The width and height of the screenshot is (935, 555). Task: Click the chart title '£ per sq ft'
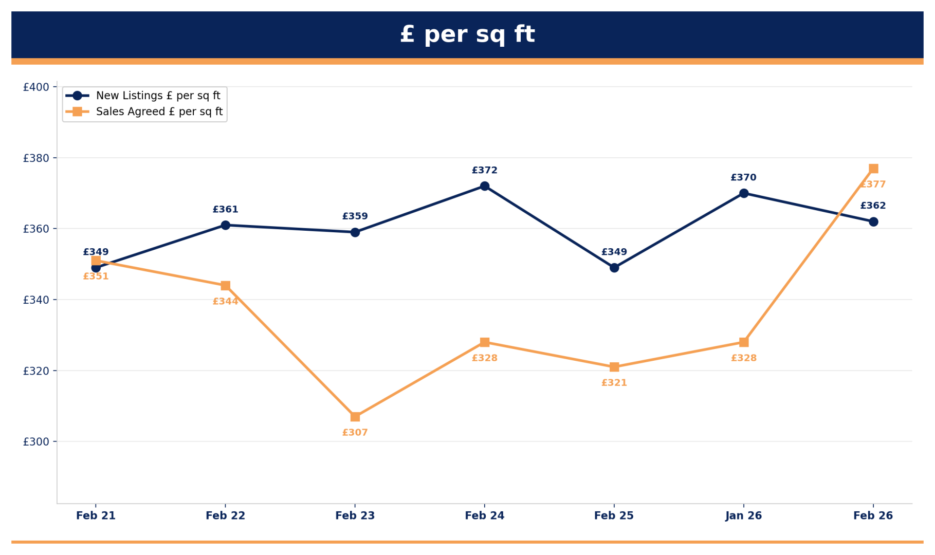tap(467, 34)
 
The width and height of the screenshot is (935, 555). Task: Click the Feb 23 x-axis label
tap(355, 515)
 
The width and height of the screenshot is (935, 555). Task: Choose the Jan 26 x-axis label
tap(743, 515)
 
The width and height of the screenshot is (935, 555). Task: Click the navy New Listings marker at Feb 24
tap(484, 186)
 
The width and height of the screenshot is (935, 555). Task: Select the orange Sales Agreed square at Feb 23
tap(355, 417)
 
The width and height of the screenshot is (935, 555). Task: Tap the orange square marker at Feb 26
tap(873, 169)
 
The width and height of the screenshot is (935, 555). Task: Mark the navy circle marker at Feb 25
tap(614, 268)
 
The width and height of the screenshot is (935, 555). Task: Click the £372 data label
tap(484, 171)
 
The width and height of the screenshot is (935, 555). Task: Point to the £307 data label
tap(355, 433)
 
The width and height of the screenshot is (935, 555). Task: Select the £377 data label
tap(873, 184)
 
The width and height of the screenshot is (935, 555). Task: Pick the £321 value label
tap(614, 383)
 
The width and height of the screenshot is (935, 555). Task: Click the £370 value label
tap(743, 178)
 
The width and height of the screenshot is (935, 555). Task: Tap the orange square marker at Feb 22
tap(225, 286)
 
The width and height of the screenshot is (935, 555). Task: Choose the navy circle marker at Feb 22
tap(225, 225)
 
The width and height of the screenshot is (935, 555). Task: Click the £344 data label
tap(225, 302)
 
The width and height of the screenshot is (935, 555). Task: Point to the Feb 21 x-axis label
tap(96, 515)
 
